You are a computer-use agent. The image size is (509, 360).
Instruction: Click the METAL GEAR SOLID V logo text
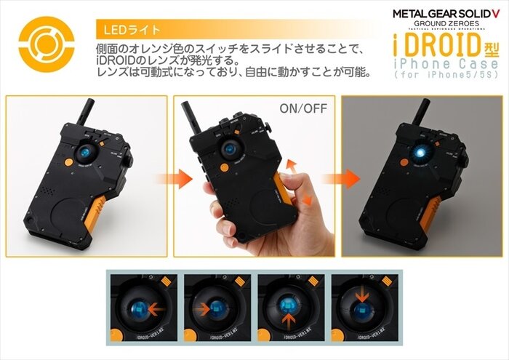446,13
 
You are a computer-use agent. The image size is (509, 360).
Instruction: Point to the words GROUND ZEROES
446,25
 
